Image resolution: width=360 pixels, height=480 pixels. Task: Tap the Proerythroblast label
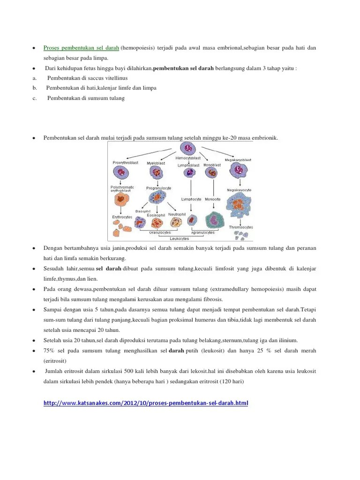click(126, 163)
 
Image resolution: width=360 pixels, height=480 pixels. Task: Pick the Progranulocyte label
click(158, 188)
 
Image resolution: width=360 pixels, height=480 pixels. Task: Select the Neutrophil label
click(177, 214)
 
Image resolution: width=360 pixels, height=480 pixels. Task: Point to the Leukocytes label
click(180, 238)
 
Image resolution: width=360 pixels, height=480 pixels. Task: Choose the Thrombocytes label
click(241, 227)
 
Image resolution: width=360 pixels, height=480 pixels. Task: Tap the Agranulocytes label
click(202, 232)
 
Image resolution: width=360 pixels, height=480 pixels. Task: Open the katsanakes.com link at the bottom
click(145, 403)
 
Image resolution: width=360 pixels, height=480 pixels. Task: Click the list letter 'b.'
click(35, 88)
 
